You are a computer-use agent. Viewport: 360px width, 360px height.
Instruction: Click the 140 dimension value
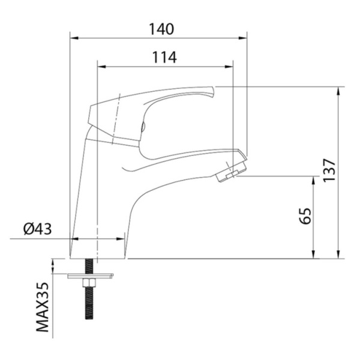pos(161,29)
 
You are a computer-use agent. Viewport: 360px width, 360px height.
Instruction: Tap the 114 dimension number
pos(164,57)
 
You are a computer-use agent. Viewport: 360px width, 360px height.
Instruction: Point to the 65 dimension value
pos(305,216)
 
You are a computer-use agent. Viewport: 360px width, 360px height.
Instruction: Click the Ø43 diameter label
pos(38,229)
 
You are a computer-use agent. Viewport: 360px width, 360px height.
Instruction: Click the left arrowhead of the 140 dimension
pos(74,38)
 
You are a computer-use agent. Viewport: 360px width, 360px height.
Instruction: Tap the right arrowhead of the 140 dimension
pos(242,38)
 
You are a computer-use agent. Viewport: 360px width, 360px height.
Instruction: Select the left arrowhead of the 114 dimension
pos(102,67)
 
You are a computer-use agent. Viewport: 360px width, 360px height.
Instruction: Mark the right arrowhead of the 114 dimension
pos(229,67)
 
